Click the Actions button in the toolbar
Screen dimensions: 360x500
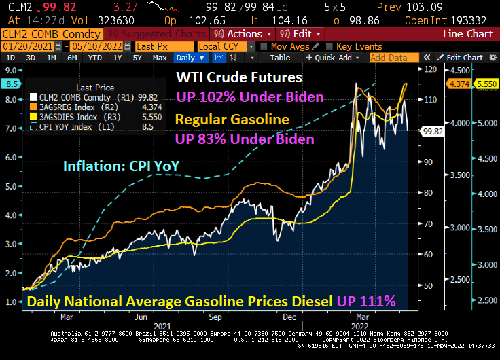pos(243,33)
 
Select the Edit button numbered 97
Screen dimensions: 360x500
pos(294,33)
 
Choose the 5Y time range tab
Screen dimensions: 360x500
pos(137,58)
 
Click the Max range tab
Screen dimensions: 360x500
pos(160,58)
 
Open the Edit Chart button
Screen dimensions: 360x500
pos(464,58)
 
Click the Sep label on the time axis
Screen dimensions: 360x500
pos(215,317)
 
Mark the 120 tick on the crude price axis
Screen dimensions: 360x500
pos(430,69)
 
